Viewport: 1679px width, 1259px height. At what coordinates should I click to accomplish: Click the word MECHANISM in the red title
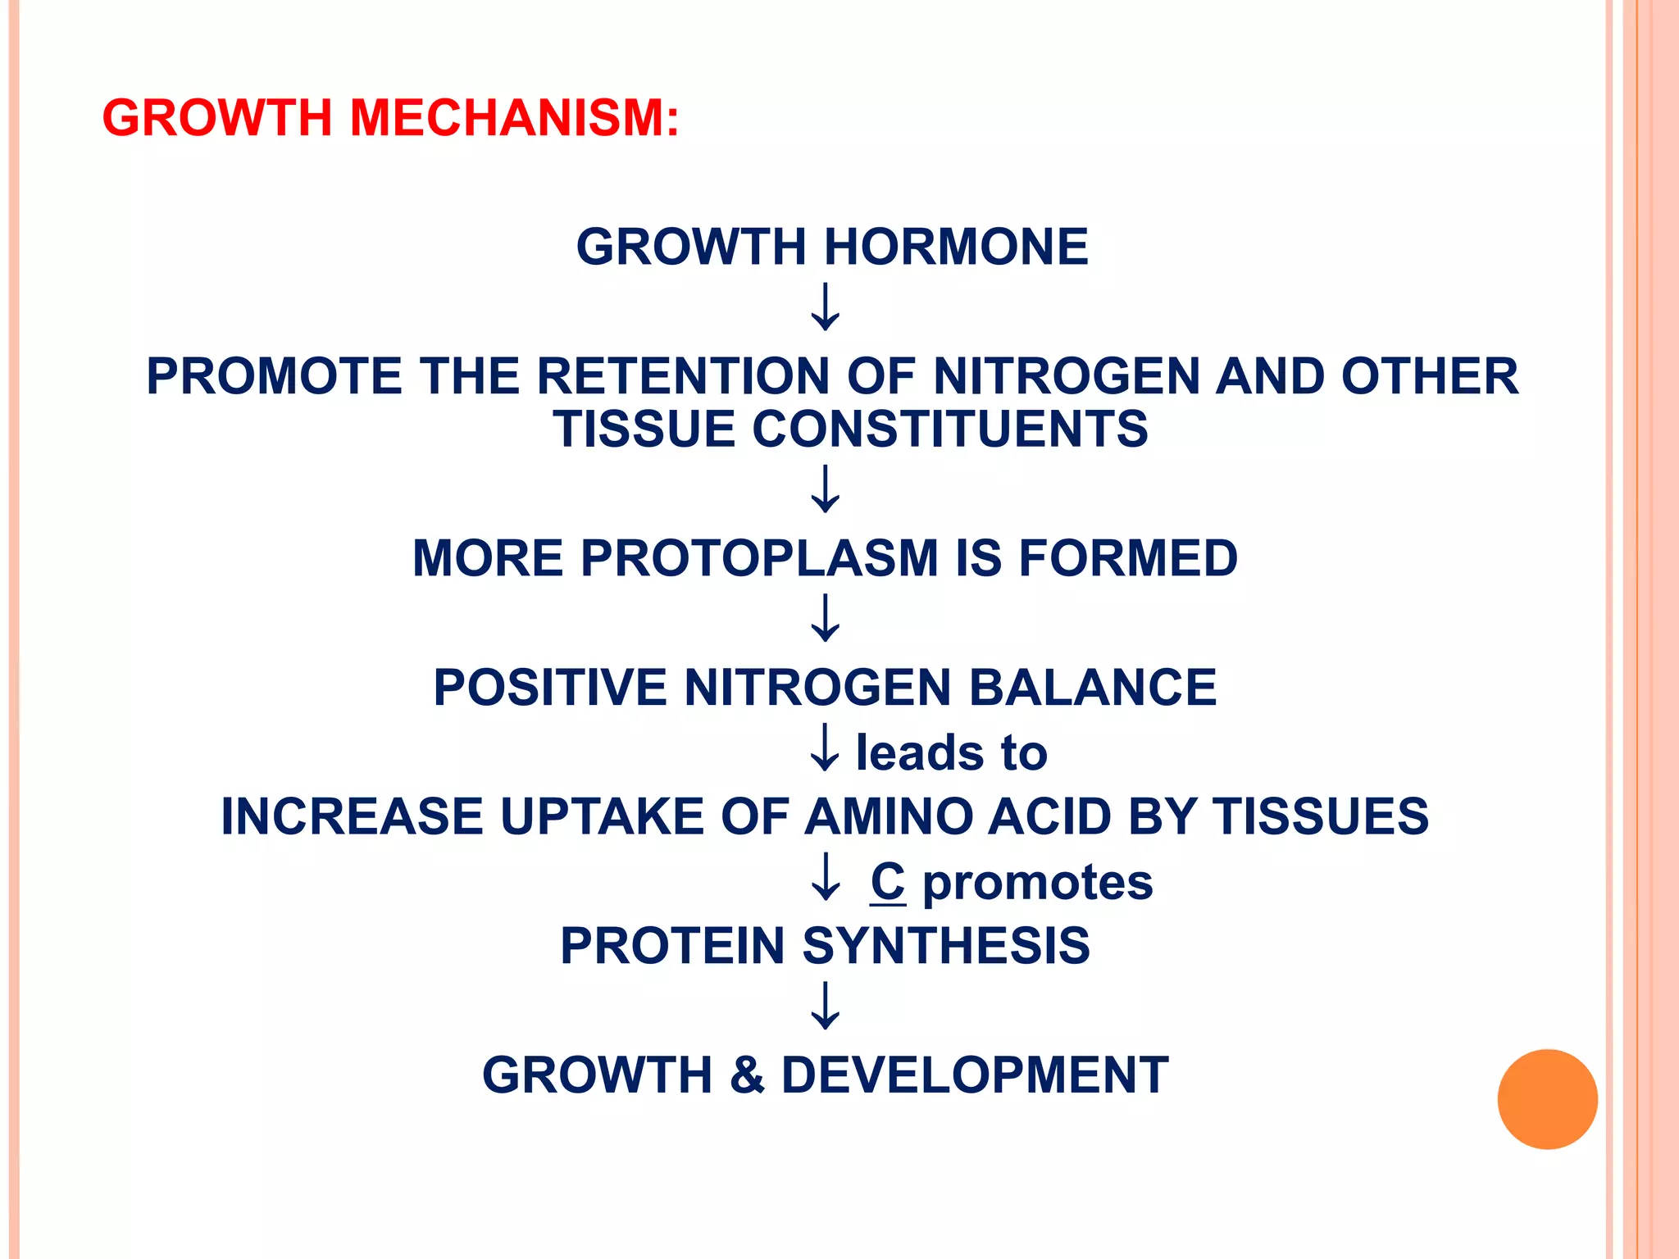pos(514,117)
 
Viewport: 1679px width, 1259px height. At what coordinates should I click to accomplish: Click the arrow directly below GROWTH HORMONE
pos(825,307)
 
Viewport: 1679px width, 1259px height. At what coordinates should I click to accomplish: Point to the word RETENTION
pos(682,376)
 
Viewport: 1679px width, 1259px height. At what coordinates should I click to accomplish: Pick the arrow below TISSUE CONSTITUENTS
pos(825,489)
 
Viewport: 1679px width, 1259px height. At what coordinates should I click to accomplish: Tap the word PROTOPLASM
pos(759,558)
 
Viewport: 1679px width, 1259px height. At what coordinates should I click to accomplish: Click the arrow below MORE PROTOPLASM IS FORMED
pos(825,618)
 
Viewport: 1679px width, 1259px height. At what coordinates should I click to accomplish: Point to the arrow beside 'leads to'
pos(825,748)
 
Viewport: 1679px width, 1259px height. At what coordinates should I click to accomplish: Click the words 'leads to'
pos(951,752)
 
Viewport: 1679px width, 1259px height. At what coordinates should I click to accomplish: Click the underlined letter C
pos(888,881)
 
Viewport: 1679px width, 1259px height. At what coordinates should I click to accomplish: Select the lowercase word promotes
pos(1038,882)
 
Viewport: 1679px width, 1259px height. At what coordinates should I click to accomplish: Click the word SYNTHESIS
pos(946,946)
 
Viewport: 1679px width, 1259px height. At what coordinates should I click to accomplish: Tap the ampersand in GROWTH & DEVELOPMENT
pos(747,1075)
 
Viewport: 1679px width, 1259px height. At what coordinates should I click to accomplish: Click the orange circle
pos(1547,1099)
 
